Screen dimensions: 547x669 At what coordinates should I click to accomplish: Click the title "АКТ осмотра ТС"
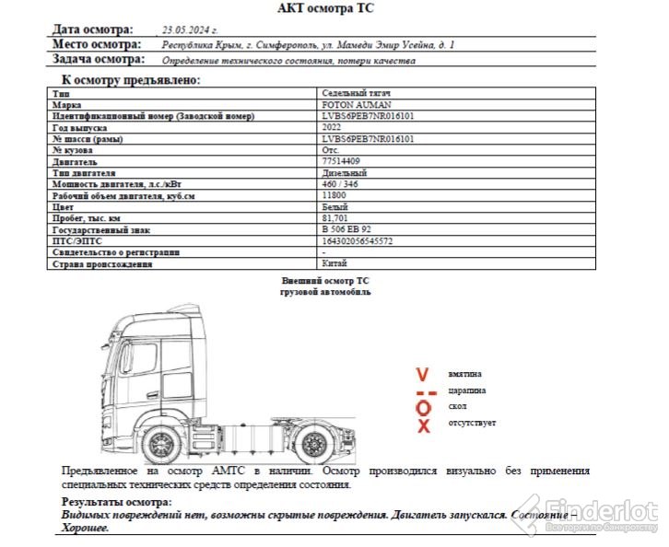point(326,8)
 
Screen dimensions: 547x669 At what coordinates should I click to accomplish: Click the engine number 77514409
point(340,161)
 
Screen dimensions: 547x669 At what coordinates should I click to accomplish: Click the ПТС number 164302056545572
point(357,240)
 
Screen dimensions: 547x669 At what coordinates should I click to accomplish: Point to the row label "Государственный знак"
point(100,229)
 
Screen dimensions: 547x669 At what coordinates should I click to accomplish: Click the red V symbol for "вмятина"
point(423,375)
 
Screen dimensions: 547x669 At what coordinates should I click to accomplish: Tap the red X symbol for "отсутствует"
point(424,425)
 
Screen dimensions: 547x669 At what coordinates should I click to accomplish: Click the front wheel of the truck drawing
point(161,446)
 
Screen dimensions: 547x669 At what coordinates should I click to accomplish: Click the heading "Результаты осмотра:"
point(116,502)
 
